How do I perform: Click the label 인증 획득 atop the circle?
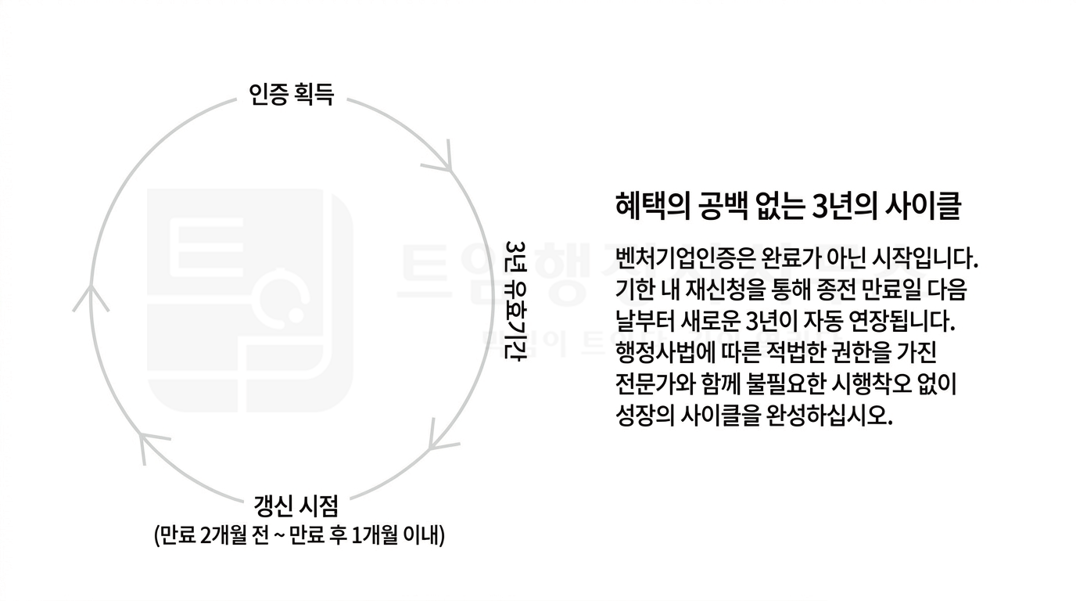pos(291,95)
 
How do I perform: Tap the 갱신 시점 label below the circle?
pos(296,506)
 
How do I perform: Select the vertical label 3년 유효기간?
pos(516,300)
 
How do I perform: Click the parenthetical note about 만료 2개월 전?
pos(299,535)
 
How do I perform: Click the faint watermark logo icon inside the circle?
pos(250,300)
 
